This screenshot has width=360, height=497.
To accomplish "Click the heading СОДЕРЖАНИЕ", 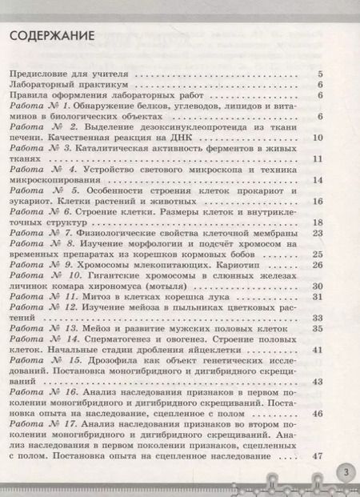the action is click(x=53, y=38).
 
